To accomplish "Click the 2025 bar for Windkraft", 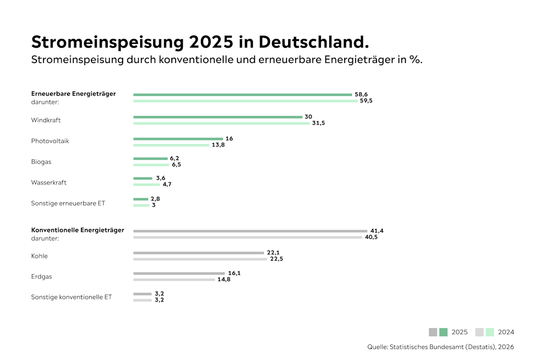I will pyautogui.click(x=218, y=117).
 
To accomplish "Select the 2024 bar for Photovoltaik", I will pyautogui.click(x=174, y=144).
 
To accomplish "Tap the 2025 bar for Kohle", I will pyautogui.click(x=198, y=253).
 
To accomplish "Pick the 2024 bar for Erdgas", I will pyautogui.click(x=174, y=279).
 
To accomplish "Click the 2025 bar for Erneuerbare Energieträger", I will pyautogui.click(x=242, y=95).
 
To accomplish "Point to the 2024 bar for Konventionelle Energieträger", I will pyautogui.click(x=248, y=237).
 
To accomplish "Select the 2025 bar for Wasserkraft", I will pyautogui.click(x=143, y=178).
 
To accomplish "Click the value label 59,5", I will pyautogui.click(x=366, y=101).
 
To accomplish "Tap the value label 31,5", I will pyautogui.click(x=318, y=123).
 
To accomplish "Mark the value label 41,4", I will pyautogui.click(x=377, y=231).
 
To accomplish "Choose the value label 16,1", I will pyautogui.click(x=234, y=273).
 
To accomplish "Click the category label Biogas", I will pyautogui.click(x=41, y=162).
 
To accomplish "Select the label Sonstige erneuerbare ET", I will pyautogui.click(x=68, y=204).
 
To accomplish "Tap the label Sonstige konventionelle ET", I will pyautogui.click(x=71, y=297).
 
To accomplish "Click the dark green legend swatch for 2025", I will pyautogui.click(x=443, y=332).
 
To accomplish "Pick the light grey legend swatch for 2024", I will pyautogui.click(x=479, y=332).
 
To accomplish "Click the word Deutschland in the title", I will pyautogui.click(x=314, y=42).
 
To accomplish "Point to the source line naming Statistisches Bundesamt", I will pyautogui.click(x=440, y=347).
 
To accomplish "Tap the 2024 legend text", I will pyautogui.click(x=506, y=332).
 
